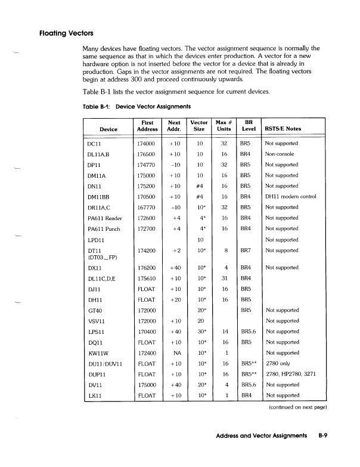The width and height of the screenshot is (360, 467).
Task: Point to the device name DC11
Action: tap(96, 144)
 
